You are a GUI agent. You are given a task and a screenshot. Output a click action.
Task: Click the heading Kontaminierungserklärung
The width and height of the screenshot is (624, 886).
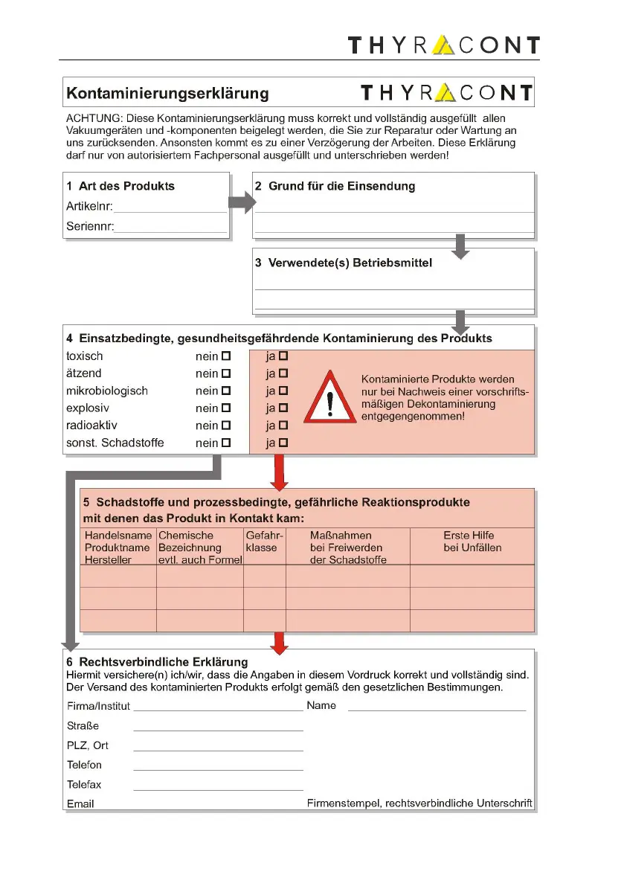pos(168,94)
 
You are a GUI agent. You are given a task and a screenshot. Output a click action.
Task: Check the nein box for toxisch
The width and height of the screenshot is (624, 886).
pos(226,356)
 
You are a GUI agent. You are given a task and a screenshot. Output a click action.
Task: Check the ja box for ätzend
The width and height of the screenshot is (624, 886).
pos(283,373)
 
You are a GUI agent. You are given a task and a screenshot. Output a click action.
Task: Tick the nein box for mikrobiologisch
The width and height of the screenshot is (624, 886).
pos(226,391)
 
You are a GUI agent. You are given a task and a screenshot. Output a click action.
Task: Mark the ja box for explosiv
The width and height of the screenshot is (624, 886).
pos(283,408)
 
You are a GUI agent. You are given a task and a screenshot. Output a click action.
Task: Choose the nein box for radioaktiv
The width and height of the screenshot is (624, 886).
pos(226,426)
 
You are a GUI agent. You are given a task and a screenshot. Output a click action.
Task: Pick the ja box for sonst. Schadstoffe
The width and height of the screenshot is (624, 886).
pos(283,443)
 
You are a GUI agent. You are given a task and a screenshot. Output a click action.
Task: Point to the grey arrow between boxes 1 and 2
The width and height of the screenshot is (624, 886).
pos(241,202)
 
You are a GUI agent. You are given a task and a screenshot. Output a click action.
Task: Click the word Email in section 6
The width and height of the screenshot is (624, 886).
pos(80,804)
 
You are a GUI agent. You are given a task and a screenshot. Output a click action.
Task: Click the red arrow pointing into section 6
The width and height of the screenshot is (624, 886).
pos(279,643)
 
